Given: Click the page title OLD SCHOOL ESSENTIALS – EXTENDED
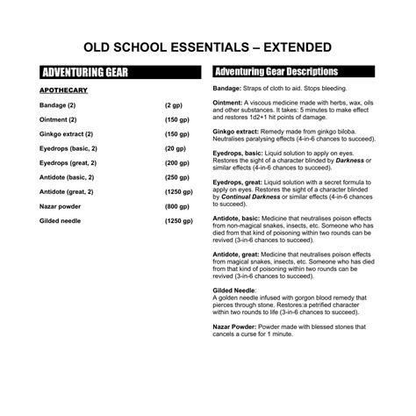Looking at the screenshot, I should [x=207, y=47].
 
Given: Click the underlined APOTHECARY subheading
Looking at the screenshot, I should [x=62, y=90].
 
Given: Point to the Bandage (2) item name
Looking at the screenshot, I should [x=59, y=104].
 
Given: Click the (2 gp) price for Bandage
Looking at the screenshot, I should [x=173, y=104].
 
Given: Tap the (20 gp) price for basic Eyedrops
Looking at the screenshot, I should [x=175, y=148].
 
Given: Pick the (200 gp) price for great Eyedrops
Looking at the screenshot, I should [x=176, y=162].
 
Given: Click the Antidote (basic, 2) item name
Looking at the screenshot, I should [x=68, y=177].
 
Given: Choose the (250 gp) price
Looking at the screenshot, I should [x=176, y=177].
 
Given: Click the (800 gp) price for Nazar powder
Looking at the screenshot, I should [x=176, y=206].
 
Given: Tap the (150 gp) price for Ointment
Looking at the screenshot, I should [x=176, y=119].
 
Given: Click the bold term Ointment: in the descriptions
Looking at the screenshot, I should [x=229, y=102].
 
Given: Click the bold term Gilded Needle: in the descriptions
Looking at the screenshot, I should [x=235, y=289].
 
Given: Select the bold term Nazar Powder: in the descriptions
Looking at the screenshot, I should [x=236, y=326].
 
